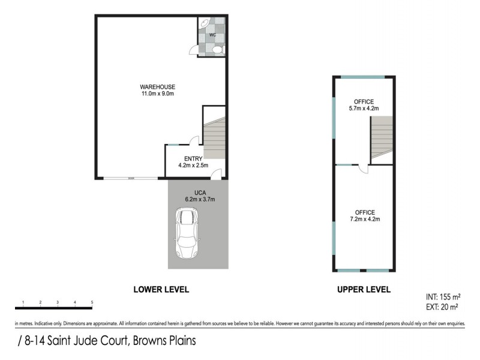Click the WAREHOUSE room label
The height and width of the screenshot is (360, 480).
[158, 86]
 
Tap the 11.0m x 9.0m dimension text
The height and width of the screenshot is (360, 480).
[158, 94]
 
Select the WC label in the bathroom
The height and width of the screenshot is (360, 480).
[212, 35]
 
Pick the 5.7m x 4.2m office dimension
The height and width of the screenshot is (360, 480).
[364, 109]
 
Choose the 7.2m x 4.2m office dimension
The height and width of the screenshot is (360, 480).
[364, 220]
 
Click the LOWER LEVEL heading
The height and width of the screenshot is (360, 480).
[161, 289]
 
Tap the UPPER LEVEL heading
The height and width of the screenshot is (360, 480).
[364, 289]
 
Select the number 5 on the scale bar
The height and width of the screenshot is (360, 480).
[92, 302]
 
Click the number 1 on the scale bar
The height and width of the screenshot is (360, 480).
[22, 302]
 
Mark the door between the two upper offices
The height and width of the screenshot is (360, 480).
[362, 169]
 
